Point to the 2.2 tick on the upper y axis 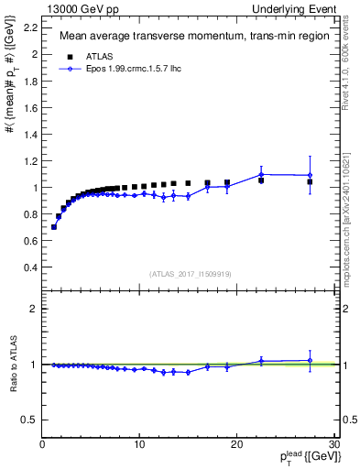31,27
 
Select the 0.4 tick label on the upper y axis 31,267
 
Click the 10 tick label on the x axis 139,445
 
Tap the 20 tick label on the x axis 236,445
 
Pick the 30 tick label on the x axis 333,445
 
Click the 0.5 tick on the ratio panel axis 31,420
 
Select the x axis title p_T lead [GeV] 302,458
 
